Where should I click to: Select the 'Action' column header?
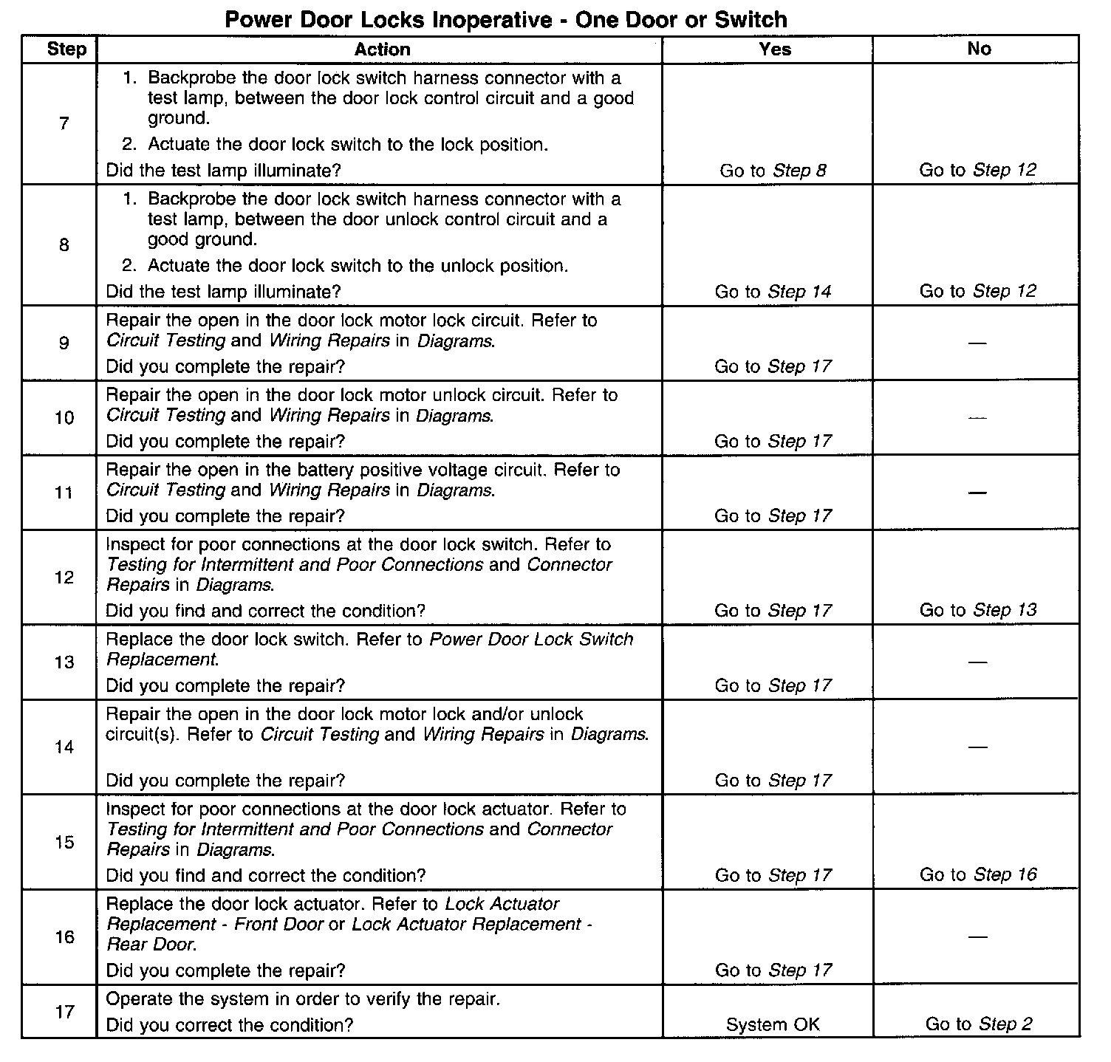[x=382, y=49]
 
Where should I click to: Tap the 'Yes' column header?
[x=774, y=49]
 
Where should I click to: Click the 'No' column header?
[x=978, y=49]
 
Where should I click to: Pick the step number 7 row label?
[x=64, y=123]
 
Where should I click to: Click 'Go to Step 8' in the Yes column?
[x=773, y=171]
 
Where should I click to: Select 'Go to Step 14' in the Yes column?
[x=773, y=292]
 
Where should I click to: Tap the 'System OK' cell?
[x=773, y=1024]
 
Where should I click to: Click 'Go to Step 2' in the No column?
[x=978, y=1024]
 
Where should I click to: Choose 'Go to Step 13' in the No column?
[x=978, y=610]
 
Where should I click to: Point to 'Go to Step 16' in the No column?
[x=978, y=874]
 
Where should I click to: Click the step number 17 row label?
[x=64, y=1011]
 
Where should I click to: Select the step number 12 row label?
[x=64, y=577]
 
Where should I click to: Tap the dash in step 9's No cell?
[x=977, y=343]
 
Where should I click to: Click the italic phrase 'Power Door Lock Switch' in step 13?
[x=531, y=639]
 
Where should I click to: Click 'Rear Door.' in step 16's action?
[x=151, y=944]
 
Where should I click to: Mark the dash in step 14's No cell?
[x=977, y=747]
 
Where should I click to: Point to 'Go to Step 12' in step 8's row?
[x=978, y=291]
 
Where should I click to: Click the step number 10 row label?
[x=64, y=418]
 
